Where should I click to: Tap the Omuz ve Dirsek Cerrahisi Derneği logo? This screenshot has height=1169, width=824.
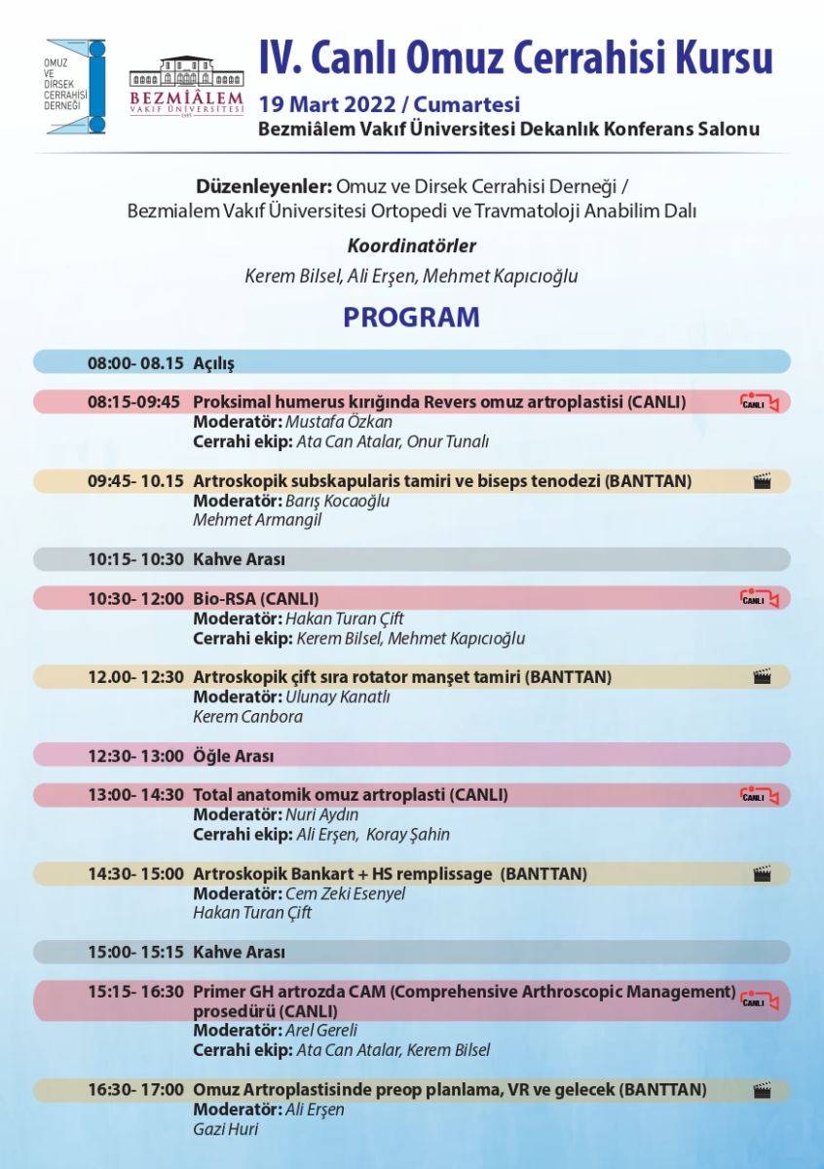76,87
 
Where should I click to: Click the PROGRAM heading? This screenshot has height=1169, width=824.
411,318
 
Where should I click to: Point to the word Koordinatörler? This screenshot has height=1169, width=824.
411,246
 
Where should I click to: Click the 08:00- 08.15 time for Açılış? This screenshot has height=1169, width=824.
135,363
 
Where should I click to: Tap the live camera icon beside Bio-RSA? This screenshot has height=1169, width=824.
759,599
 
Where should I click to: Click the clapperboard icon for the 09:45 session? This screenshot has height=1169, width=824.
762,481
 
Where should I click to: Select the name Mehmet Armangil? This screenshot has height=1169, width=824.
257,520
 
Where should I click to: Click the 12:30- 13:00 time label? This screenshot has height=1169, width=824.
135,756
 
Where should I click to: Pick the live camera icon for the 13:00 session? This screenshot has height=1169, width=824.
759,796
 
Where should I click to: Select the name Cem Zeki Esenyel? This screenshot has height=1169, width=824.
345,893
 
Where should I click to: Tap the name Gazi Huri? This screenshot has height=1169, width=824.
226,1129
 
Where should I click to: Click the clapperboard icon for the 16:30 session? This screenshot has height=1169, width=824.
762,1091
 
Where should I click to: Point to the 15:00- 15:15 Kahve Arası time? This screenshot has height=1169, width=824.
135,952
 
